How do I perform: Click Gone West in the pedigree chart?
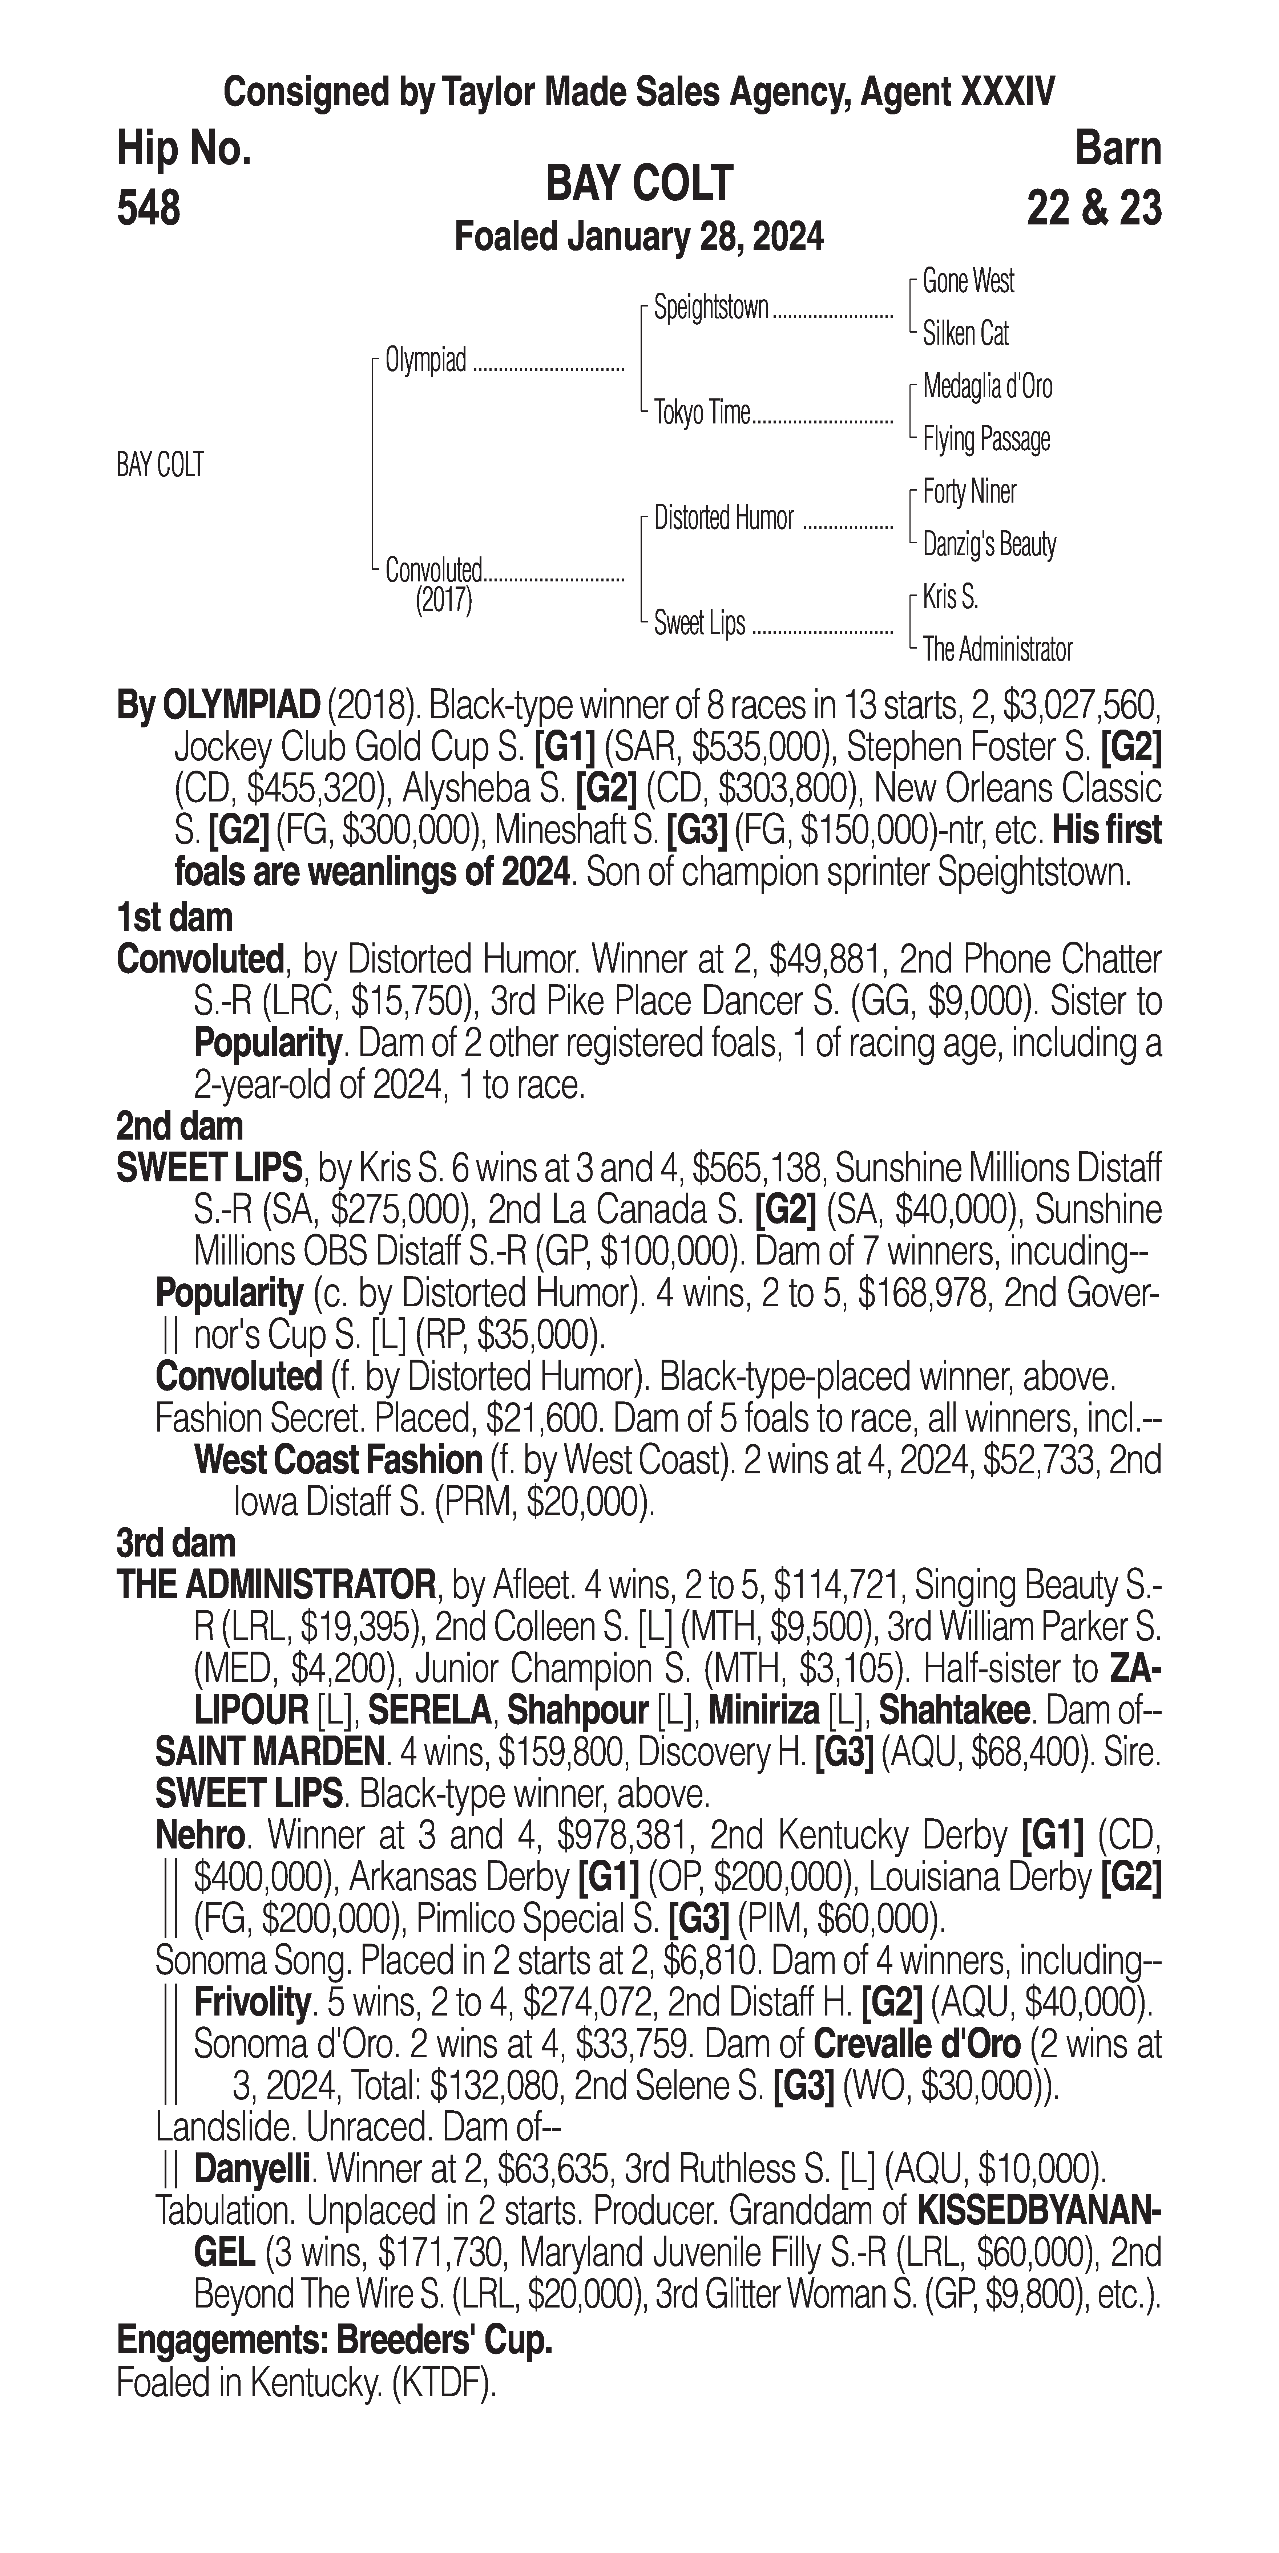tap(968, 281)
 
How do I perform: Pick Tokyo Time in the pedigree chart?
tap(702, 412)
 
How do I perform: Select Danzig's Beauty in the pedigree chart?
tap(988, 544)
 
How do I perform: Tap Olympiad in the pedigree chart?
tap(425, 361)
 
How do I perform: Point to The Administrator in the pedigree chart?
tap(996, 650)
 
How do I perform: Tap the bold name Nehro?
tap(199, 1836)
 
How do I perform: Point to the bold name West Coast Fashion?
tap(337, 1460)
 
